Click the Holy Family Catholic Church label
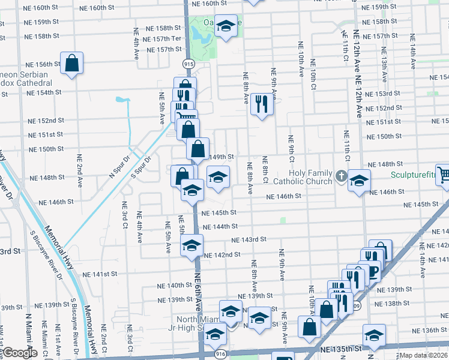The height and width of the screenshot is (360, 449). pos(302,177)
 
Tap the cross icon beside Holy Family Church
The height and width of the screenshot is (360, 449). pos(342,176)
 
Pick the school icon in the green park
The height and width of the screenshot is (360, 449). pos(226,26)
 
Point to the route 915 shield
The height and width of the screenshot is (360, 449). pos(188,62)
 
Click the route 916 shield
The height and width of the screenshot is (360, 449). pos(220,355)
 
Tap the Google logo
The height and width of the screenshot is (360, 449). pos(20,353)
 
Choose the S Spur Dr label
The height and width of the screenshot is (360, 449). pos(141,166)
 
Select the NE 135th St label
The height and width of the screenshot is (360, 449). pos(340,349)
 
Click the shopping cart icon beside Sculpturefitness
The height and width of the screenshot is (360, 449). pos(443,175)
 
